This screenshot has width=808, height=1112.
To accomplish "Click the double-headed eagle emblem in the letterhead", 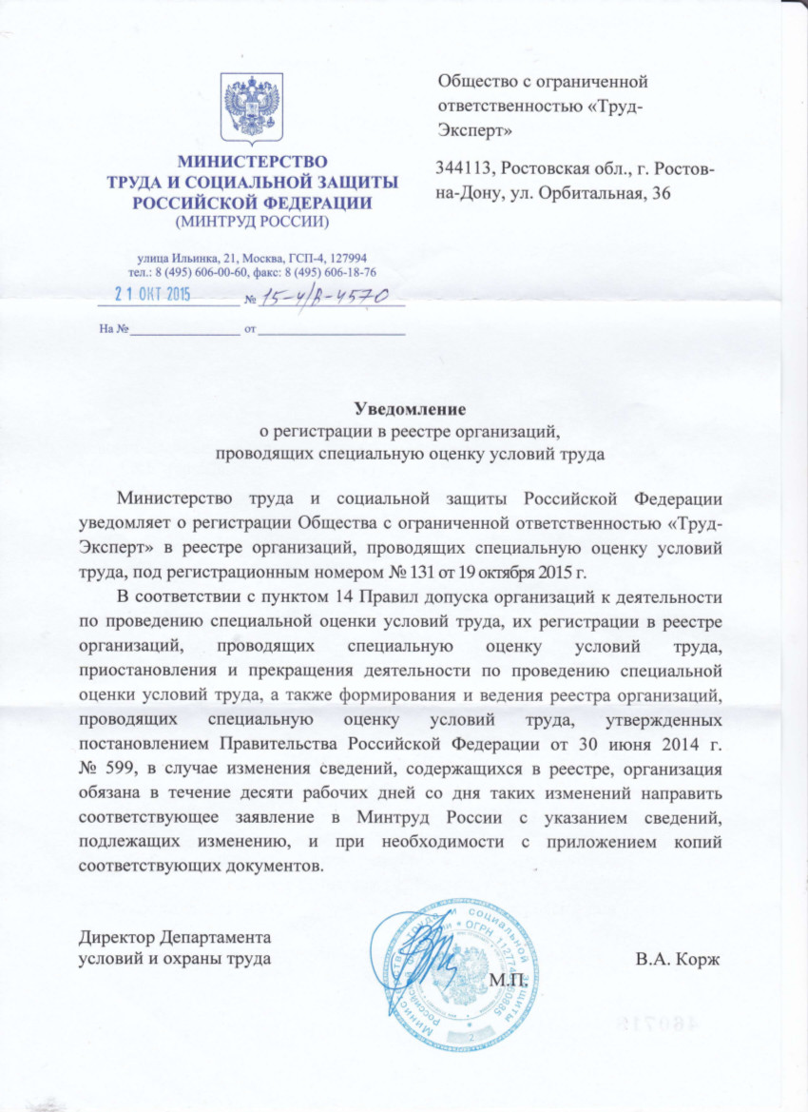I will pos(252,107).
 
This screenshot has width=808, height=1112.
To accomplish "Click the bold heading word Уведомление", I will pos(410,410).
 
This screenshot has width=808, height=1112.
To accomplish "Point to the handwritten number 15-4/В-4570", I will pos(326,297).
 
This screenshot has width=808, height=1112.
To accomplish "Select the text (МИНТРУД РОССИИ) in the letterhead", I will pos(252,223).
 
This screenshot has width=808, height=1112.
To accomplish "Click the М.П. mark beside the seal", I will pos(509,979).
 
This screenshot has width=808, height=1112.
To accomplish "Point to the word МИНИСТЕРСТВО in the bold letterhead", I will pos(252,161).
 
